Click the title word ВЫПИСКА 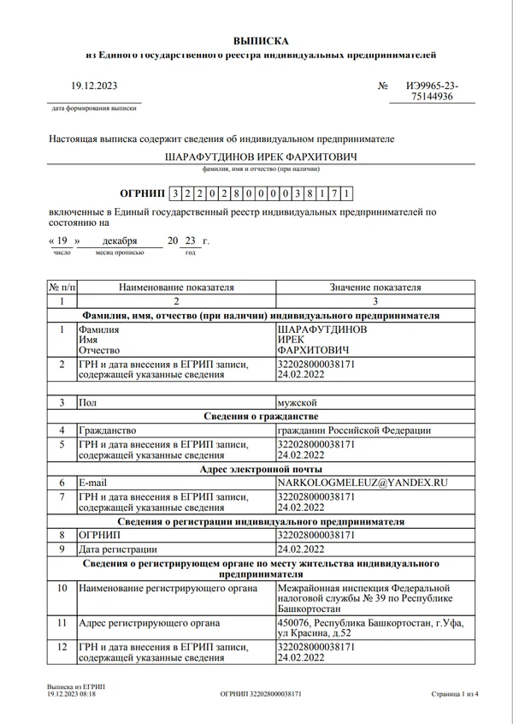click(x=262, y=41)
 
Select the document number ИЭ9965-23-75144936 click(x=432, y=92)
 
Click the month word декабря click(x=120, y=242)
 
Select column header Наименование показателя click(x=176, y=288)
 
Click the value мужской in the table click(x=297, y=402)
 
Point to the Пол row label click(x=87, y=402)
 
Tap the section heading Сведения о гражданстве click(x=261, y=416)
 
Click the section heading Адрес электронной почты click(x=261, y=470)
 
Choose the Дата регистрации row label click(x=118, y=549)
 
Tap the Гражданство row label click(x=107, y=430)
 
